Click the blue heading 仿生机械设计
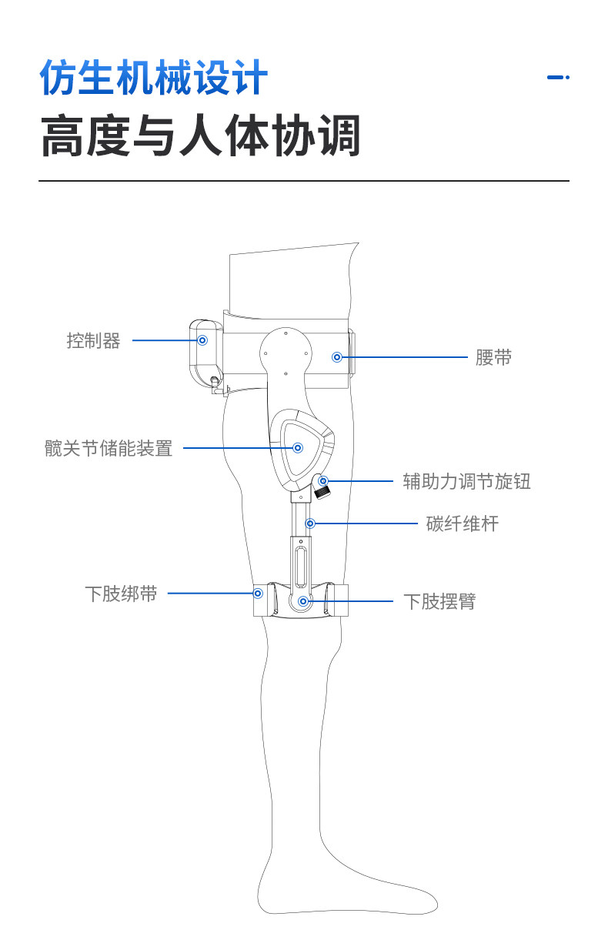(154, 79)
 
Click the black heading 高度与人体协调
(200, 137)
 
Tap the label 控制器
(93, 340)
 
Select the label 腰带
(493, 358)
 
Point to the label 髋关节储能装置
(109, 448)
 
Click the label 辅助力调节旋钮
(466, 482)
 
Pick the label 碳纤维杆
(462, 524)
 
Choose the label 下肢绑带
(121, 594)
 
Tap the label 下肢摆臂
(439, 601)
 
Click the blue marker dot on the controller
(203, 340)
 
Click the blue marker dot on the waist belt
(336, 357)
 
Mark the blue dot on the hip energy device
(299, 447)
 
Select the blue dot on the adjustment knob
(323, 481)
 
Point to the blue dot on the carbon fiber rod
(310, 524)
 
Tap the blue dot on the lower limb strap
(259, 594)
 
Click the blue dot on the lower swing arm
(303, 600)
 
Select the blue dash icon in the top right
(557, 77)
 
